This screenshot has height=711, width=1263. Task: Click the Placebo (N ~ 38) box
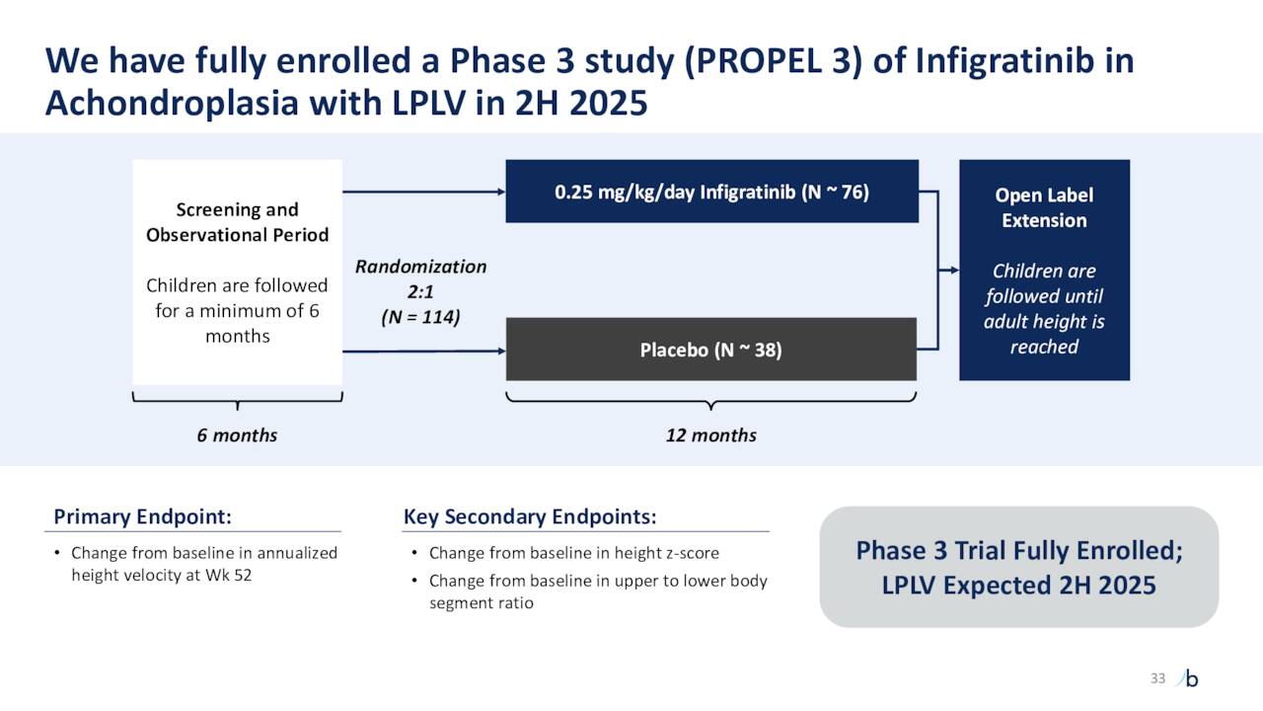(710, 350)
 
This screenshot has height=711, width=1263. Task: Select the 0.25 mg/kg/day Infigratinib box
(711, 192)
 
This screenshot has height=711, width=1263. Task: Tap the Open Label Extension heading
(1044, 207)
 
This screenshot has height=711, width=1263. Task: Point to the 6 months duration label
(237, 435)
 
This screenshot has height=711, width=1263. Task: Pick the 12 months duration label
(710, 435)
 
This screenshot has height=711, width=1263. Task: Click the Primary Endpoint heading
(142, 517)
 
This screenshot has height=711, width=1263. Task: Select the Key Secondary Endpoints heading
(530, 517)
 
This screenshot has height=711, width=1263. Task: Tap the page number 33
(1157, 677)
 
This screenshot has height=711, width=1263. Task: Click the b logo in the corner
(1190, 678)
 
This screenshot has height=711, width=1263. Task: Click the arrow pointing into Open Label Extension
(947, 270)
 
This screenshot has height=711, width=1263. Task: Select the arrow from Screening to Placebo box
(424, 351)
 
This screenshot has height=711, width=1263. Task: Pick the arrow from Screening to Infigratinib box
(424, 192)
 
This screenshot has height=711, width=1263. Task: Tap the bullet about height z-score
(573, 553)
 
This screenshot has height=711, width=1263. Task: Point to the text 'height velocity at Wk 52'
(161, 576)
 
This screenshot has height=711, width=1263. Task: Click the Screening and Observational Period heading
(237, 222)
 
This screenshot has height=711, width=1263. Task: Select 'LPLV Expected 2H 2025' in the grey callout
(1018, 585)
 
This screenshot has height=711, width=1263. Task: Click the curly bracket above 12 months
(710, 400)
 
